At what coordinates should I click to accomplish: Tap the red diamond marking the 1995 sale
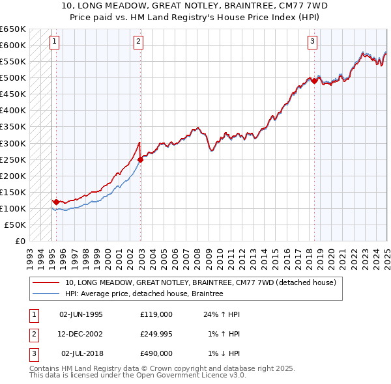coord(56,202)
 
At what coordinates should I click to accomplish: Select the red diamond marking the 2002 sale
coord(141,159)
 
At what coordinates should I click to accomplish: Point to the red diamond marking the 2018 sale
coord(314,81)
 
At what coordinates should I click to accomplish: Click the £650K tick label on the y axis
coord(13,29)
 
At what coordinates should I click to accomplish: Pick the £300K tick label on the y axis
coord(13,143)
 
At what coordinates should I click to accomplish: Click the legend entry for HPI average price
coord(144,294)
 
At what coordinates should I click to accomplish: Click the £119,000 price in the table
coord(156,314)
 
